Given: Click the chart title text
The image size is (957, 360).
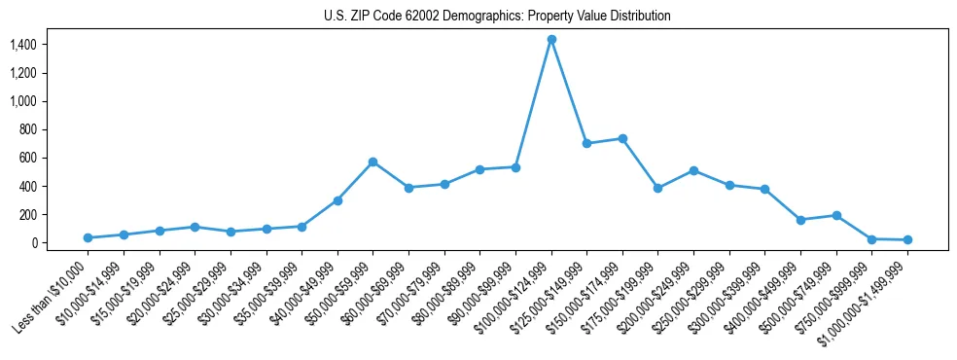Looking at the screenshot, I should coord(497,17).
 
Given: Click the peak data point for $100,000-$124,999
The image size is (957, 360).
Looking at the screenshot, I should coord(551,39).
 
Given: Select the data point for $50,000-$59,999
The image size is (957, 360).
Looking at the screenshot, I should coord(372,162).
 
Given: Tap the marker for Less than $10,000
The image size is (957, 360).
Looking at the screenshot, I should coord(88,237).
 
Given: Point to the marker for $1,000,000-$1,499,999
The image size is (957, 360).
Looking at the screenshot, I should coord(907,239).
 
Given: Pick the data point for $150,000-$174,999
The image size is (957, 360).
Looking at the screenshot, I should coord(622,138).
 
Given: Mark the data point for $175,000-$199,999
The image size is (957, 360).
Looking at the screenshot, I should coord(658,188).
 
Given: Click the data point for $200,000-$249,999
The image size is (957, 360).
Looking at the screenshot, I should coord(693,170).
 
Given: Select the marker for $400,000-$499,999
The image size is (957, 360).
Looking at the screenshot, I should coord(800,220).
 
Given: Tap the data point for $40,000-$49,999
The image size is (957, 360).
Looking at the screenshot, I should coord(337,200).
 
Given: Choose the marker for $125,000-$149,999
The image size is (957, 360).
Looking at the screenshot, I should coord(586,143).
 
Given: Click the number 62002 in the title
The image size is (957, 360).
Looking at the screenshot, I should coord(423,17).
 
